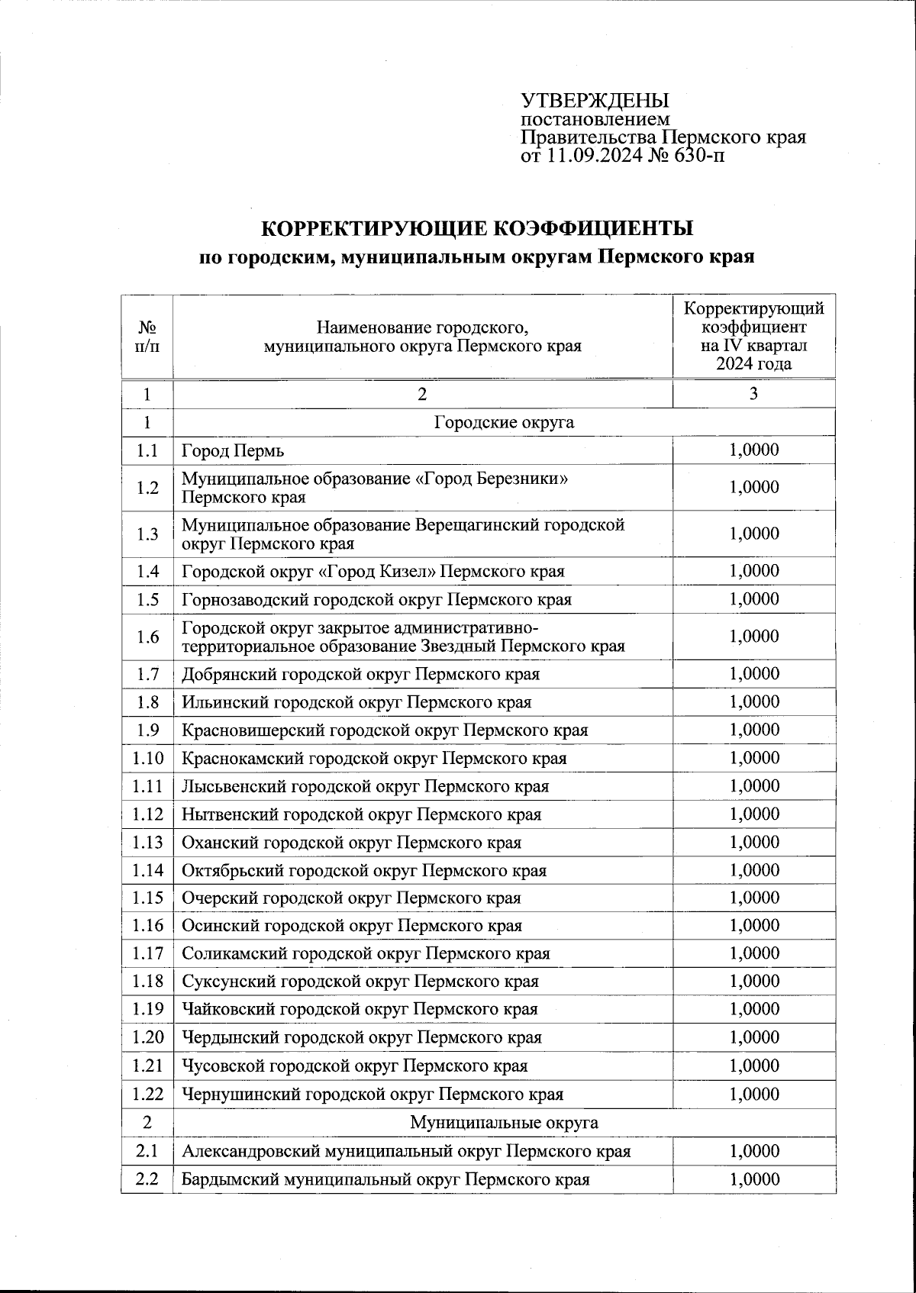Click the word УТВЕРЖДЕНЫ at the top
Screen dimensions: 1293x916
tap(595, 101)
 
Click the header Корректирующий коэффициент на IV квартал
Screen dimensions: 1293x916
tap(753, 336)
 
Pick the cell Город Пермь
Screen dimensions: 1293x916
tap(233, 450)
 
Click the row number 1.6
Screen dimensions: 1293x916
tap(147, 637)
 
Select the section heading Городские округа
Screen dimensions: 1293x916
tap(504, 422)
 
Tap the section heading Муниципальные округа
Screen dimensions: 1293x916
tap(504, 1123)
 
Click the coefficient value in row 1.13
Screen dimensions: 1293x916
tap(754, 843)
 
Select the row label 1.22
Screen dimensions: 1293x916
tap(147, 1094)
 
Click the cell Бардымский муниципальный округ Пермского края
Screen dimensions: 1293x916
tap(385, 1179)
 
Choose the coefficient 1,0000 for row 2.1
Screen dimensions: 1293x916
tap(754, 1151)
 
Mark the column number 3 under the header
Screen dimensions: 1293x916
tap(753, 394)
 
